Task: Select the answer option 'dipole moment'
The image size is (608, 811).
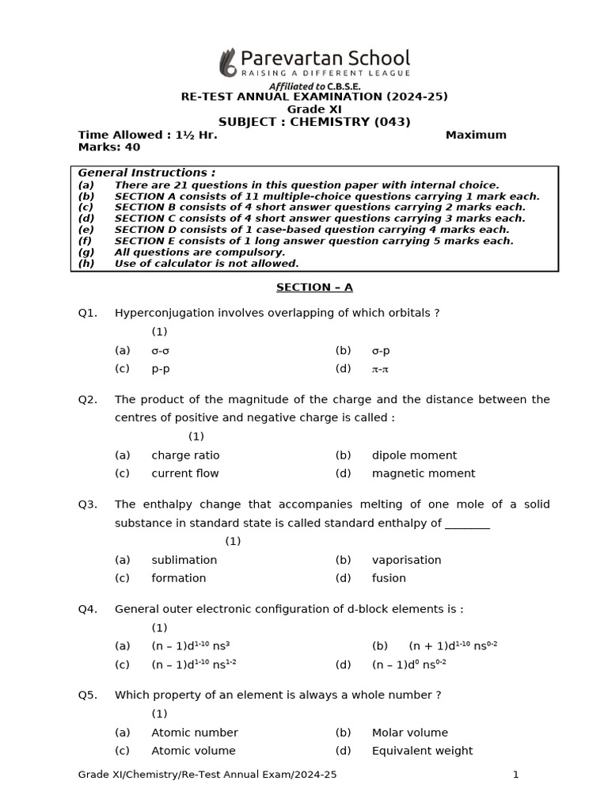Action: point(414,455)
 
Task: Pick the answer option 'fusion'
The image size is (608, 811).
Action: point(389,578)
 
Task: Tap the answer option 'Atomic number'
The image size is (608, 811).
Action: point(194,733)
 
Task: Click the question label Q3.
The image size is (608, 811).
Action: point(87,504)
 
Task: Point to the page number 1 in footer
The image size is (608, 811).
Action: point(515,775)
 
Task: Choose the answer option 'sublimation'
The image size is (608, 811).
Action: point(184,560)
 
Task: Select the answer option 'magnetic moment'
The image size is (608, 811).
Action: point(424,474)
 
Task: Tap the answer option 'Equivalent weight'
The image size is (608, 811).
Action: point(422,751)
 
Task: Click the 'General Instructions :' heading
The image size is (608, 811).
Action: point(146,173)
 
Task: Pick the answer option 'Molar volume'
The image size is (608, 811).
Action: point(409,733)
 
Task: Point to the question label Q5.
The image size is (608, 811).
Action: point(87,695)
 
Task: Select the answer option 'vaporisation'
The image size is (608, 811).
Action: point(406,560)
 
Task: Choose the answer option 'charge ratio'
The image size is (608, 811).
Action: point(185,455)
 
